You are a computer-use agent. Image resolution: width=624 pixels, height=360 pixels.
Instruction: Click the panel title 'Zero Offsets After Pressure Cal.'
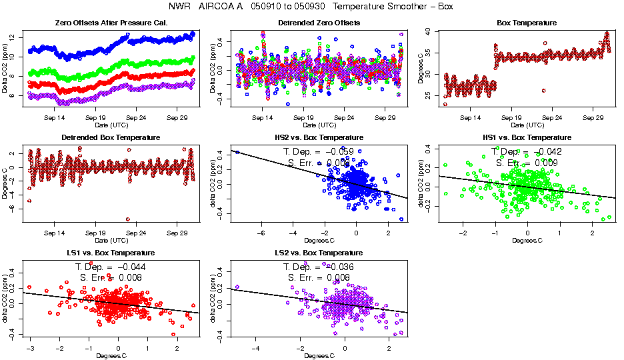click(x=111, y=23)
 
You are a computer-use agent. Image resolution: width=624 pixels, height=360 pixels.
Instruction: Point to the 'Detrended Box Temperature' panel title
click(x=111, y=137)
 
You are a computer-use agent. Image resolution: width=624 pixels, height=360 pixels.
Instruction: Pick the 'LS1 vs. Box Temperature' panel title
click(x=111, y=253)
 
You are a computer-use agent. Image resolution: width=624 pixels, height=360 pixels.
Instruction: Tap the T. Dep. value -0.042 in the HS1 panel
click(x=545, y=151)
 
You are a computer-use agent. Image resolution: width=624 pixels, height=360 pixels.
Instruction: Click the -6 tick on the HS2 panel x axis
click(x=261, y=233)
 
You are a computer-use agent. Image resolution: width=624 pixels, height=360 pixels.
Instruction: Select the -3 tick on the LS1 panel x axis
click(x=31, y=348)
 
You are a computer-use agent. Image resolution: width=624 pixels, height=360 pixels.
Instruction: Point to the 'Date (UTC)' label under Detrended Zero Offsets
click(x=319, y=125)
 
